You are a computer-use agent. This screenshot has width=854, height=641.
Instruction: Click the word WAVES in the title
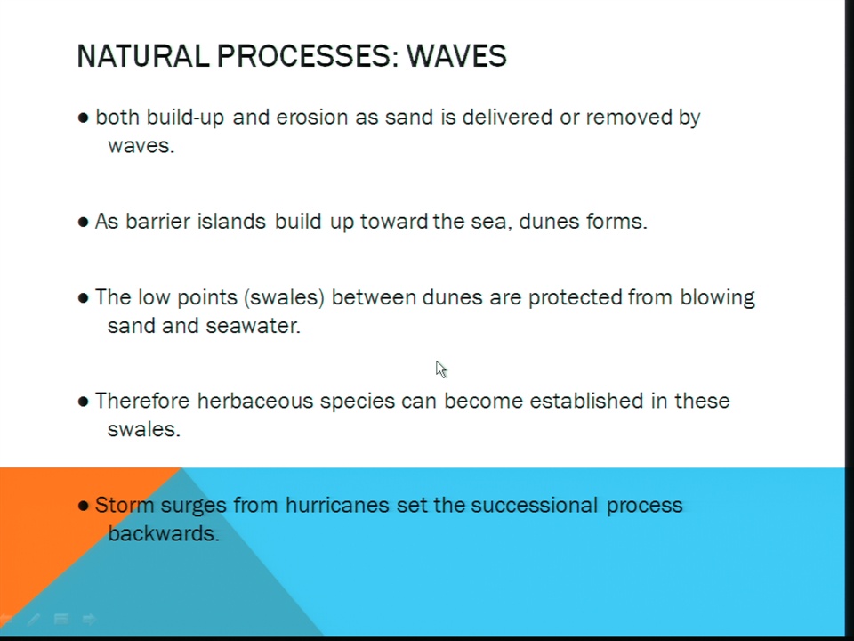(x=456, y=55)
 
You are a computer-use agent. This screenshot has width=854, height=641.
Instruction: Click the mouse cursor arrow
(x=441, y=369)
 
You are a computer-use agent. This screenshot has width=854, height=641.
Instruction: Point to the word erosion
(x=312, y=118)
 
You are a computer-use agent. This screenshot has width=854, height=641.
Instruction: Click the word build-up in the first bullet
(x=185, y=118)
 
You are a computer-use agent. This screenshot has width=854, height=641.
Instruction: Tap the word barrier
(x=157, y=222)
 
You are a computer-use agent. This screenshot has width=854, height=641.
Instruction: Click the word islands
(x=231, y=222)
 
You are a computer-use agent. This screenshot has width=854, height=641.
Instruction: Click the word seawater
(x=254, y=326)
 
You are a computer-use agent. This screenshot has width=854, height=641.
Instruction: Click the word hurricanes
(x=337, y=506)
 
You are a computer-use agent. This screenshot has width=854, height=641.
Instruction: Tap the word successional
(x=535, y=506)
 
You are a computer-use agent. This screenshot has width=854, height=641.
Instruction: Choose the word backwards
(x=164, y=533)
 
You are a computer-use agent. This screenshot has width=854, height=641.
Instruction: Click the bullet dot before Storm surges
(x=84, y=506)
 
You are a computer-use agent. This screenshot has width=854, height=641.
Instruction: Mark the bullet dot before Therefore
(x=84, y=402)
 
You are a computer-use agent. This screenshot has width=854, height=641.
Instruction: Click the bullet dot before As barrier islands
(x=84, y=223)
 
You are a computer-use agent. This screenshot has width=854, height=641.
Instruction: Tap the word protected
(x=576, y=298)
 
